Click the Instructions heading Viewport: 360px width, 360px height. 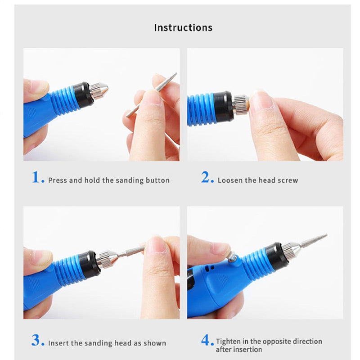[x=183, y=27]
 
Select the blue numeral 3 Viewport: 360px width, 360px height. [x=37, y=340]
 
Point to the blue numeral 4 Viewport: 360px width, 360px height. [x=207, y=341]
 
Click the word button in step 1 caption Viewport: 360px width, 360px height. [x=157, y=180]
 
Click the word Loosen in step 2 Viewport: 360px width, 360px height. [x=230, y=180]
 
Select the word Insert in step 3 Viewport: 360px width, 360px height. [x=58, y=343]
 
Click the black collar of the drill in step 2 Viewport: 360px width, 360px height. [x=224, y=108]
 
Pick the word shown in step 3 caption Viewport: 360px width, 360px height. [x=155, y=343]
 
